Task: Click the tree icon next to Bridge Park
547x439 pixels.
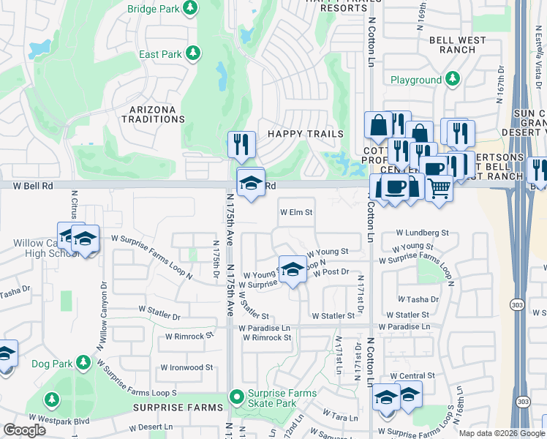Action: pos(190,8)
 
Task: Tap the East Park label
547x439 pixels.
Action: pos(159,53)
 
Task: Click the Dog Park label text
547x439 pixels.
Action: pos(52,363)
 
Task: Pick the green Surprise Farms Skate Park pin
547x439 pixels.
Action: pos(236,398)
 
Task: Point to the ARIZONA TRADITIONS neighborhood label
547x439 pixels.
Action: pos(153,115)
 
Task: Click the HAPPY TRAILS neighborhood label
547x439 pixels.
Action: pos(305,134)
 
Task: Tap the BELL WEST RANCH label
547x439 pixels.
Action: pos(458,44)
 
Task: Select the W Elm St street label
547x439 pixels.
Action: pos(297,213)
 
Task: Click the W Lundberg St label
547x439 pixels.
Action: pos(422,233)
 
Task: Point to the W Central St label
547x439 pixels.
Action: pos(415,375)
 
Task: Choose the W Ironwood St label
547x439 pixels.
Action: pos(186,367)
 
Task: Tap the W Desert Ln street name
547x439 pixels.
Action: pos(151,427)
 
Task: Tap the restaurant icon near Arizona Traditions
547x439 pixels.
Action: pos(241,144)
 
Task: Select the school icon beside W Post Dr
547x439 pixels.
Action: pos(293,269)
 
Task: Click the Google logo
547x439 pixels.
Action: pos(24,430)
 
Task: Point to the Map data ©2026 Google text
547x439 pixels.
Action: pos(502,433)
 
